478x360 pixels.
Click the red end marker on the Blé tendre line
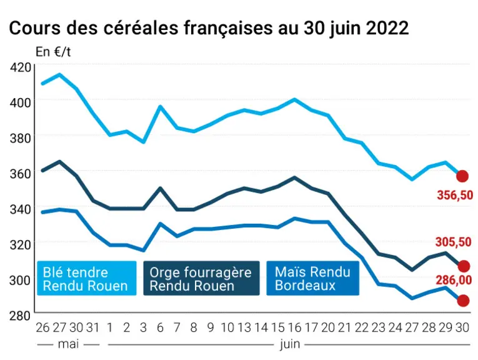(462, 176)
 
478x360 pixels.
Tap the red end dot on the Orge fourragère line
(464, 266)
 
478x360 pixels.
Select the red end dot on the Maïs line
(463, 301)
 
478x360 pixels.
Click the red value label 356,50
(455, 195)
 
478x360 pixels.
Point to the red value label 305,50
(453, 242)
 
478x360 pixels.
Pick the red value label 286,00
(454, 280)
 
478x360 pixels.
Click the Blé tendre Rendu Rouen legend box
(87, 278)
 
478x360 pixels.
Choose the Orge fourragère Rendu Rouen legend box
(201, 278)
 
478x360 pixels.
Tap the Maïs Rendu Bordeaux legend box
(313, 278)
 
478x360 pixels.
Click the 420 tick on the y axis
(21, 67)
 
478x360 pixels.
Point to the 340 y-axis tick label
(21, 209)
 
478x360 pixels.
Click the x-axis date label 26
(42, 327)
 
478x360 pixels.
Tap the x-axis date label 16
(294, 327)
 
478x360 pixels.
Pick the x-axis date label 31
(92, 327)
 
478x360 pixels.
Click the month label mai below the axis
(68, 344)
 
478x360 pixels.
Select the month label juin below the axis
(290, 345)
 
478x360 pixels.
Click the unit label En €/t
(53, 52)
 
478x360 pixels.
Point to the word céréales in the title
(140, 28)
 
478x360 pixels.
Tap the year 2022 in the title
(387, 28)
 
